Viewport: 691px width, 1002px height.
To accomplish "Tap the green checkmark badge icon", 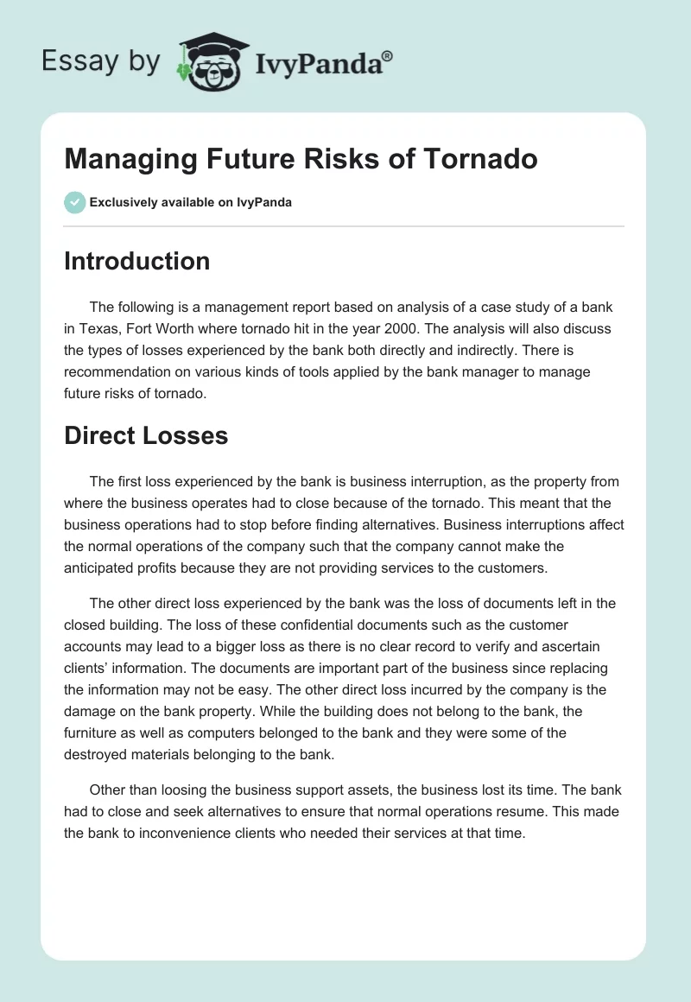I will tap(74, 202).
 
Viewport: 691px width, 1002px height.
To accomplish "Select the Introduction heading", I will tap(136, 261).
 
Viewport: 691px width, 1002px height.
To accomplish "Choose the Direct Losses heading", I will tap(146, 435).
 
